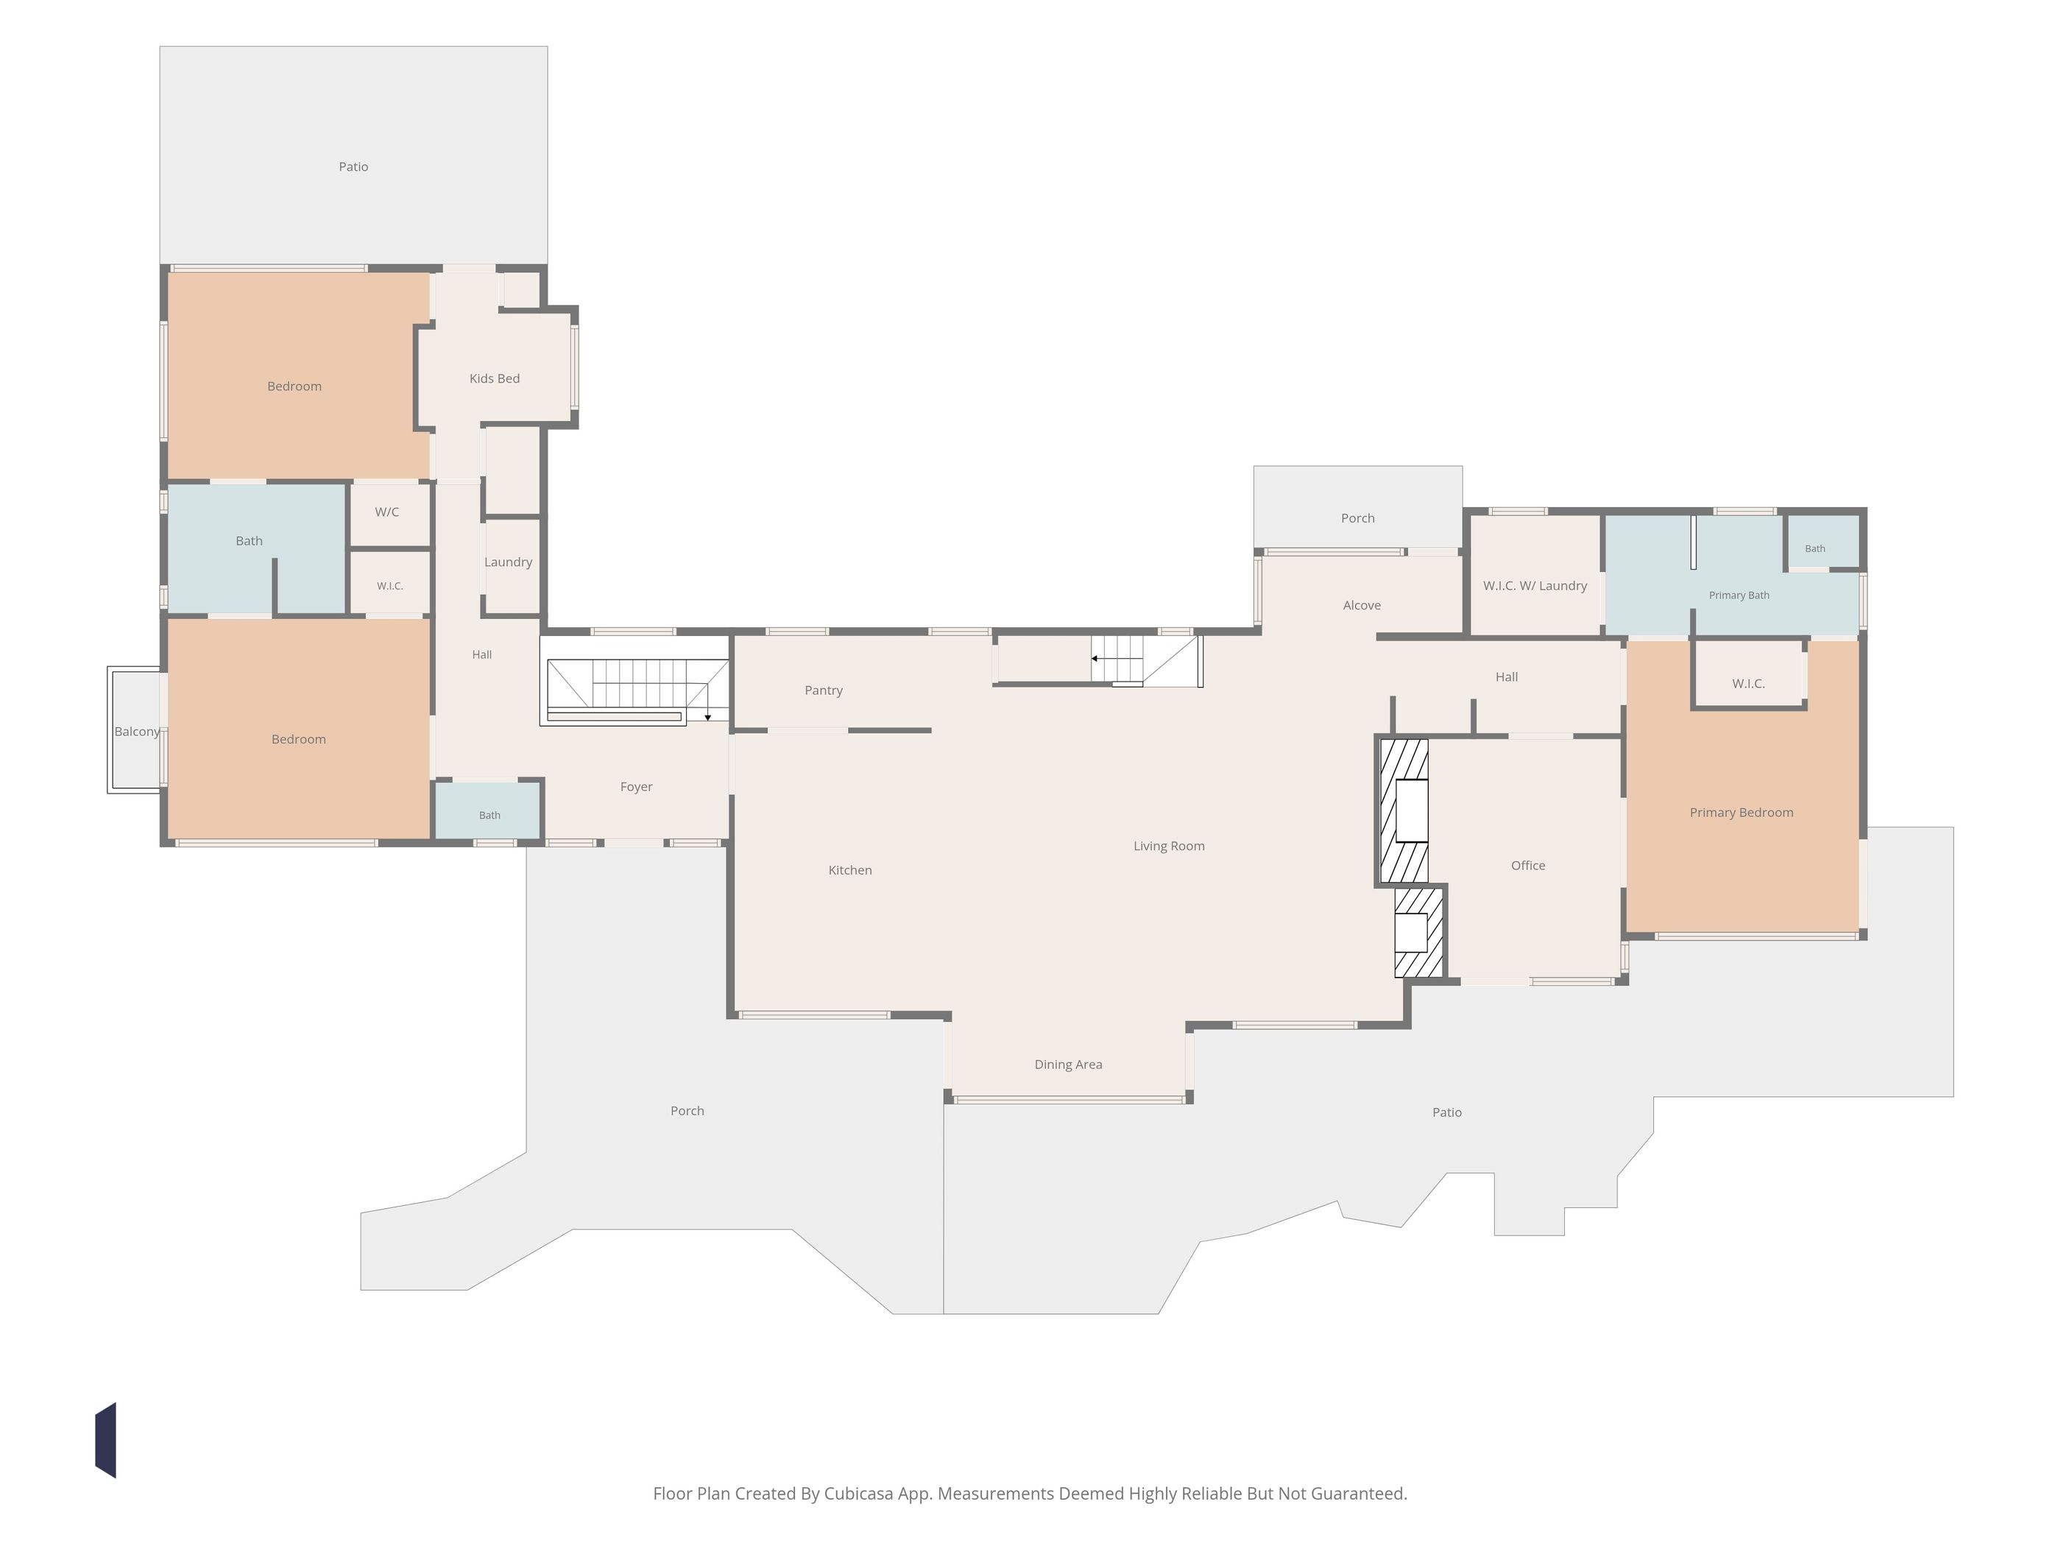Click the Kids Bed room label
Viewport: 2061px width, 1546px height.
pyautogui.click(x=494, y=378)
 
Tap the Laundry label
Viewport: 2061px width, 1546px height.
pyautogui.click(x=508, y=562)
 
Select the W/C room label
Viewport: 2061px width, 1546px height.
pyautogui.click(x=386, y=512)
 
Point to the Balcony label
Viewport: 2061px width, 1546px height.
pyautogui.click(x=137, y=732)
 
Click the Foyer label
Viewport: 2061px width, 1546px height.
pyautogui.click(x=637, y=786)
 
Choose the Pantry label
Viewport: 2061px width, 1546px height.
pyautogui.click(x=824, y=691)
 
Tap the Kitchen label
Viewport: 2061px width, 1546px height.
pyautogui.click(x=849, y=870)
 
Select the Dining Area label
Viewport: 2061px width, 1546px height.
pyautogui.click(x=1068, y=1065)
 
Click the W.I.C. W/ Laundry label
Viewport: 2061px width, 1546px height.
pyautogui.click(x=1535, y=586)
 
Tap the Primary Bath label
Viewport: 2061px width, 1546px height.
pyautogui.click(x=1739, y=596)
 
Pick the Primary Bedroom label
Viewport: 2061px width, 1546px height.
pyautogui.click(x=1741, y=813)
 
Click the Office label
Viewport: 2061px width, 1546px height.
pyautogui.click(x=1528, y=866)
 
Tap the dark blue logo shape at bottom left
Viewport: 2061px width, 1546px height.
pyautogui.click(x=105, y=1440)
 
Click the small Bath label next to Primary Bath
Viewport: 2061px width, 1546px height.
pyautogui.click(x=1814, y=549)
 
